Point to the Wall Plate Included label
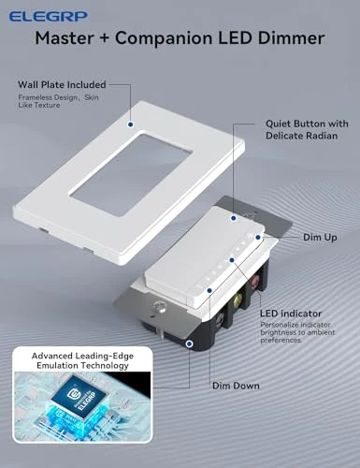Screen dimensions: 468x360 [62, 84]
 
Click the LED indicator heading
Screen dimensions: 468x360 [292, 313]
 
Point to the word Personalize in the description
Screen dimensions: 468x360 [281, 325]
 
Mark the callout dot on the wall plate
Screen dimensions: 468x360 [129, 123]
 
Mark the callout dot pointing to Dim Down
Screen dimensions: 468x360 [190, 344]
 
